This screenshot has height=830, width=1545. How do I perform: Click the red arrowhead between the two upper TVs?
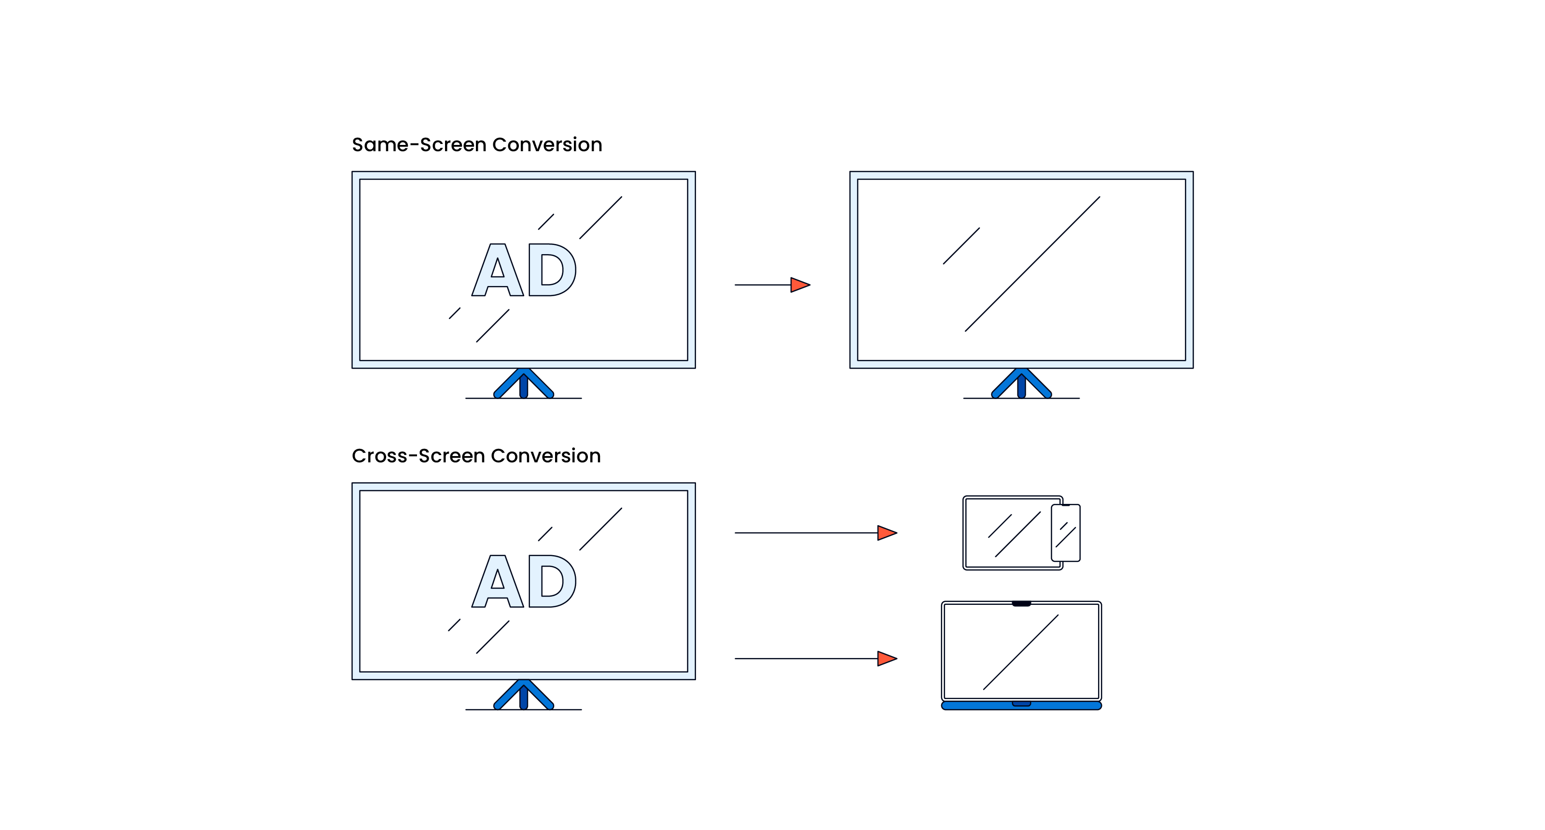[799, 285]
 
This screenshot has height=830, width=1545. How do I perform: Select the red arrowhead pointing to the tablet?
[886, 533]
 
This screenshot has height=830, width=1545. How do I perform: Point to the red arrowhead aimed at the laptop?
[886, 658]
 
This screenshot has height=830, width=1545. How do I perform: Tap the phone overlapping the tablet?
[1066, 533]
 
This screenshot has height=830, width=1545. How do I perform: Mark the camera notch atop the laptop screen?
[1021, 604]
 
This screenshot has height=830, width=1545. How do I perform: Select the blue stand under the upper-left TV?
[524, 384]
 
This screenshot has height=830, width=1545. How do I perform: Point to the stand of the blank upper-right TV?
[1021, 384]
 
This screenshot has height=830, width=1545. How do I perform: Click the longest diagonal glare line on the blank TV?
[1032, 264]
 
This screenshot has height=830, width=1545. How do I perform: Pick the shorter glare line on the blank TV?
[961, 246]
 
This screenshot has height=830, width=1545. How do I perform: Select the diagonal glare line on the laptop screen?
[1021, 652]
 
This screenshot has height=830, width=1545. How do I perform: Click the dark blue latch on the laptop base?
[1021, 703]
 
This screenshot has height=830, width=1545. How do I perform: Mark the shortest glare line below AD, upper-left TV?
[455, 313]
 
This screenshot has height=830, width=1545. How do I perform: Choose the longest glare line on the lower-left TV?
[600, 529]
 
